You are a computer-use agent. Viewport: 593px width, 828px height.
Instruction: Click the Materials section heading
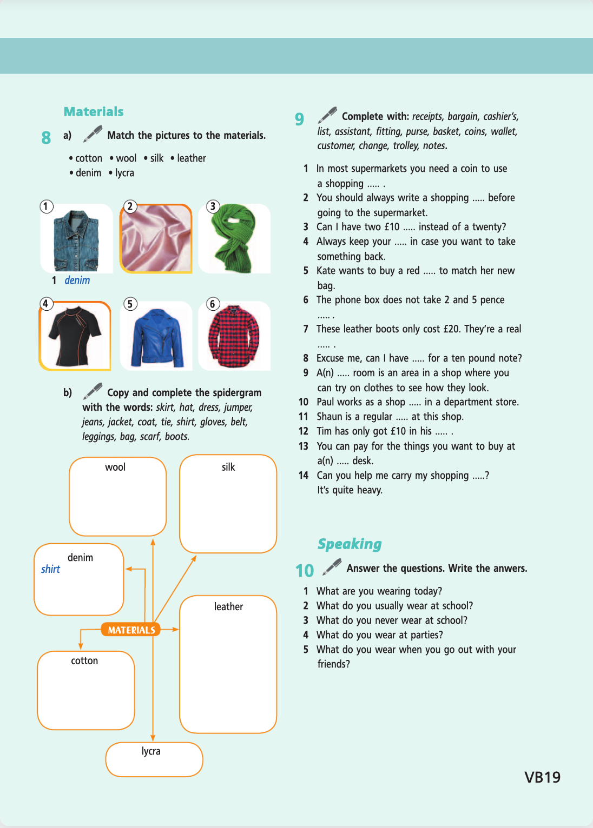tap(94, 112)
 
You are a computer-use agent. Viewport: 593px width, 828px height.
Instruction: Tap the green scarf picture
tap(234, 238)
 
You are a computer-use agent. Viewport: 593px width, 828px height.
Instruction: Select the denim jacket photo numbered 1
tap(76, 239)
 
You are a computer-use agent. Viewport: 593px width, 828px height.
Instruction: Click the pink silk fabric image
tap(156, 238)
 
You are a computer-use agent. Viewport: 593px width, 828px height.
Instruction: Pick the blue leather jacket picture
tap(156, 337)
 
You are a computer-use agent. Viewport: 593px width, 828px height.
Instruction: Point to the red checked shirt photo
tap(234, 336)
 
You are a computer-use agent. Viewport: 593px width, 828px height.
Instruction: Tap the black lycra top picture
tap(75, 336)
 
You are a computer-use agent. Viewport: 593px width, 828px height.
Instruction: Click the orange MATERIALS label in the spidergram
tap(131, 630)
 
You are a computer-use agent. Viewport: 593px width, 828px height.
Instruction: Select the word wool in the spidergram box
tap(115, 467)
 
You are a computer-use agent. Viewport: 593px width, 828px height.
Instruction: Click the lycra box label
tap(151, 751)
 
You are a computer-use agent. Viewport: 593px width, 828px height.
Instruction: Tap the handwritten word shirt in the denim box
tap(50, 569)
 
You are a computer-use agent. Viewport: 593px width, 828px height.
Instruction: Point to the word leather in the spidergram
tap(228, 606)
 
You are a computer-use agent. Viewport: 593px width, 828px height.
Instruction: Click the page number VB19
tap(542, 777)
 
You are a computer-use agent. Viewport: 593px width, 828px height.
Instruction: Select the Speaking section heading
tap(350, 544)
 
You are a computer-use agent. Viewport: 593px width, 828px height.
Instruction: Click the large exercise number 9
tap(299, 119)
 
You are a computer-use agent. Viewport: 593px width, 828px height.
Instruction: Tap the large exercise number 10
tap(305, 571)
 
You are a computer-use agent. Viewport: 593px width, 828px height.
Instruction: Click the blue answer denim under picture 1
tap(77, 280)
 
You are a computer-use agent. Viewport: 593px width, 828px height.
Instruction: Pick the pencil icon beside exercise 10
tap(332, 567)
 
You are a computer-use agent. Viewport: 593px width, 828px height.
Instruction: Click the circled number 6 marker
tap(213, 304)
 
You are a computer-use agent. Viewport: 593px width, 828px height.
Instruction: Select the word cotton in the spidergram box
tap(84, 660)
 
